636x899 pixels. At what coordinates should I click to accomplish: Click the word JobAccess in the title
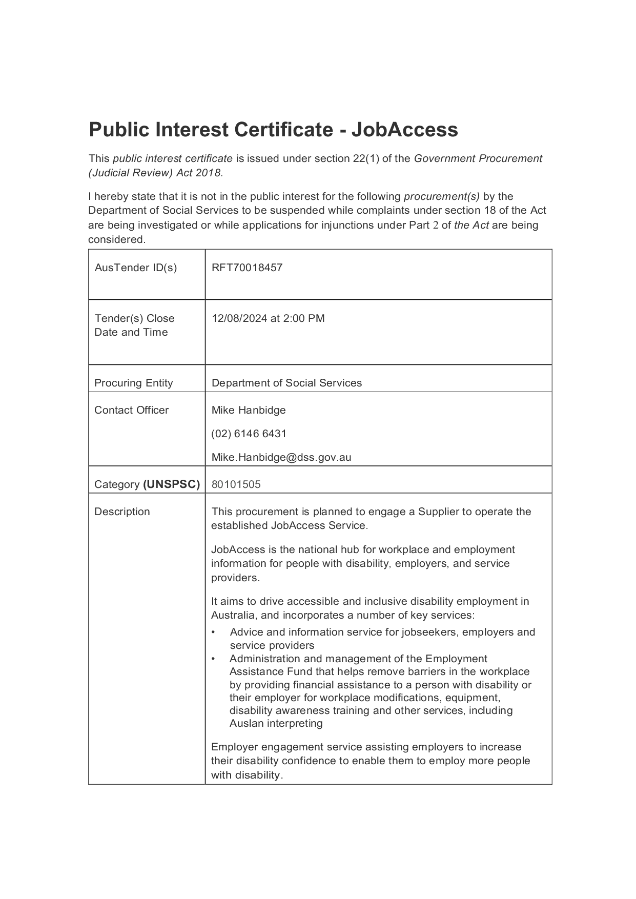[x=404, y=130]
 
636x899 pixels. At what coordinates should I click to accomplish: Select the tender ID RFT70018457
[x=247, y=268]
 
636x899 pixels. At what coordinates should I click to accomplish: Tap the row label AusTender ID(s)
[x=135, y=268]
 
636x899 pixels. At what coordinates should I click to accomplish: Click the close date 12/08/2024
[x=239, y=318]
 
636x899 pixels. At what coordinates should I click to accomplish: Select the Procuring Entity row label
[x=133, y=383]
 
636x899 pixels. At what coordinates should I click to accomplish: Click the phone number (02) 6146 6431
[x=249, y=434]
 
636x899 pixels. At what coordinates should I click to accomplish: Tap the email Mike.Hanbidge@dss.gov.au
[x=281, y=457]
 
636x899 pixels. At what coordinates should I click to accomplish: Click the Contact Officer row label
[x=131, y=410]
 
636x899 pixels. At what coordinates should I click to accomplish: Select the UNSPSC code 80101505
[x=236, y=484]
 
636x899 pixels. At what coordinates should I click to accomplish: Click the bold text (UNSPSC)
[x=171, y=484]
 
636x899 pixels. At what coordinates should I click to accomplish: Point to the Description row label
[x=122, y=512]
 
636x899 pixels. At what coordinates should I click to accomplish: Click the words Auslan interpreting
[x=276, y=724]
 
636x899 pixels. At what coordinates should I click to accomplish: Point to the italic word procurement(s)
[x=441, y=196]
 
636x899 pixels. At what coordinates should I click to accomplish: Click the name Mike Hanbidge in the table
[x=249, y=410]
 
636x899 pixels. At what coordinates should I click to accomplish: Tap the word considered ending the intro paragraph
[x=116, y=239]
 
